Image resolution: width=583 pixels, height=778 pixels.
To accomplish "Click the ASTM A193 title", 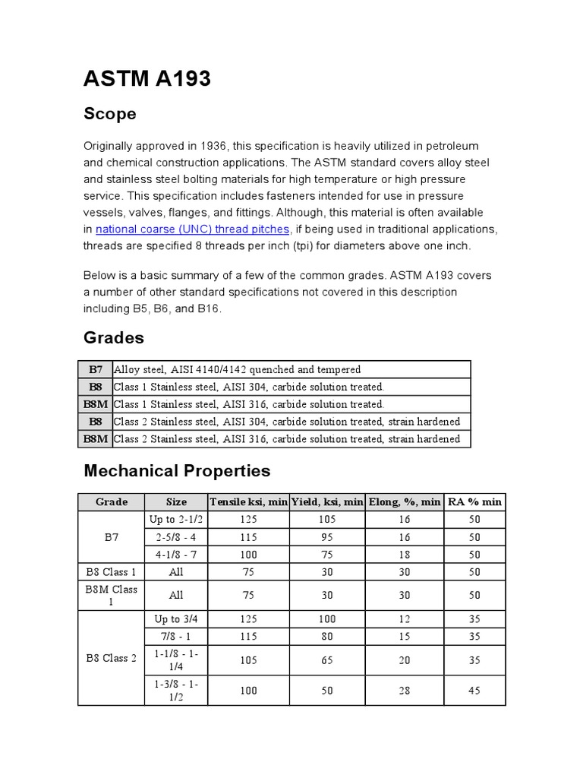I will pyautogui.click(x=147, y=78).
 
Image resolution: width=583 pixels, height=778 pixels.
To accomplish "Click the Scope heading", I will pyautogui.click(x=109, y=114).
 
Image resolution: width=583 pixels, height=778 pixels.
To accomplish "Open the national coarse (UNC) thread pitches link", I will pyautogui.click(x=193, y=229).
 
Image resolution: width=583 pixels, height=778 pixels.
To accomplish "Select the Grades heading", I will pyautogui.click(x=113, y=337).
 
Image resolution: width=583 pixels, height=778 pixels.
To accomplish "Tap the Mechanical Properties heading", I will pyautogui.click(x=176, y=470).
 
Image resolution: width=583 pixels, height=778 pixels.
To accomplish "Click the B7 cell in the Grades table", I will pyautogui.click(x=96, y=369).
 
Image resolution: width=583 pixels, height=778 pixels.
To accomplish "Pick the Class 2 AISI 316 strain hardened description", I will pyautogui.click(x=287, y=439).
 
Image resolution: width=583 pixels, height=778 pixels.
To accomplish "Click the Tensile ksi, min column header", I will pyautogui.click(x=248, y=502).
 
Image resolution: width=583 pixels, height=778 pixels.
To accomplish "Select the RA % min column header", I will pyautogui.click(x=474, y=502).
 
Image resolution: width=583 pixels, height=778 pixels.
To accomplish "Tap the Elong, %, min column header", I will pyautogui.click(x=404, y=502).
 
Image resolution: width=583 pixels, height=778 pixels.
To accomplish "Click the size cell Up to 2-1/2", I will pyautogui.click(x=176, y=520).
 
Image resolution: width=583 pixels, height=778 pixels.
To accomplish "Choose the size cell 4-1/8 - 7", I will pyautogui.click(x=176, y=555).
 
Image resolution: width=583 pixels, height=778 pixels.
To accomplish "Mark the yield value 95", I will pyautogui.click(x=327, y=537).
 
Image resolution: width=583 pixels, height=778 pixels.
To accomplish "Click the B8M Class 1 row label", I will pyautogui.click(x=111, y=595).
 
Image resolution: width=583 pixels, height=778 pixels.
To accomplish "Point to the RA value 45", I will pyautogui.click(x=474, y=691).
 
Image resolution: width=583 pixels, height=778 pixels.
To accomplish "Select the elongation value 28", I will pyautogui.click(x=404, y=691).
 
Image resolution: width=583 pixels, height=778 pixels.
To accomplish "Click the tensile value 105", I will pyautogui.click(x=248, y=660).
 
